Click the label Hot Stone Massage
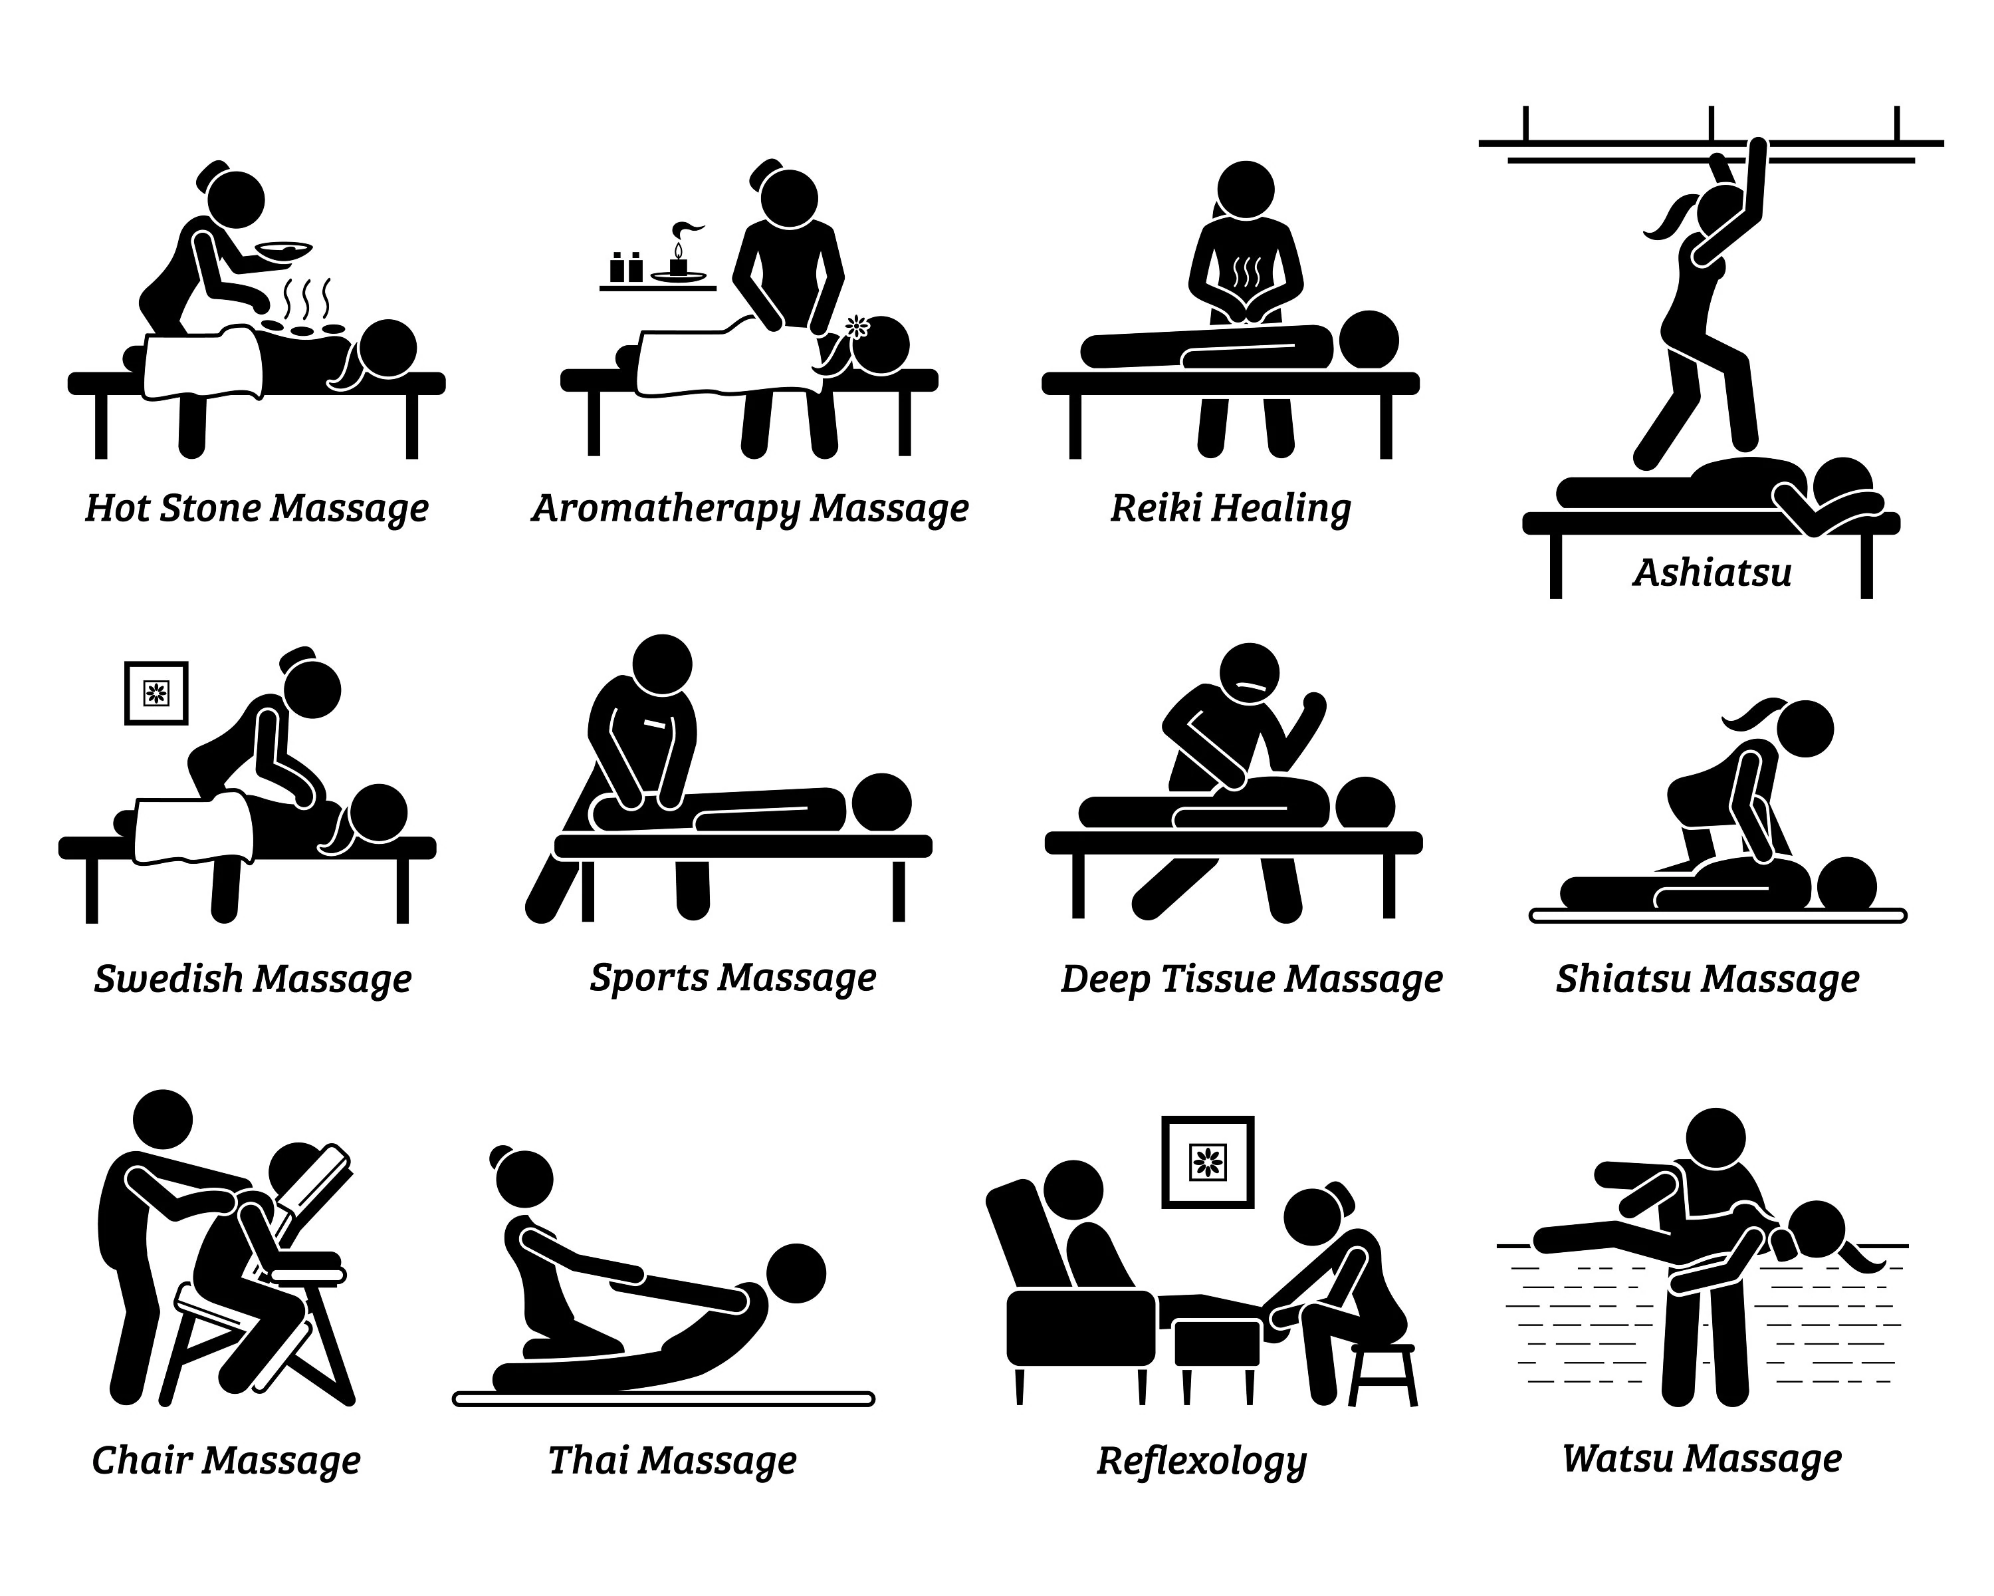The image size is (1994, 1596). pos(257,509)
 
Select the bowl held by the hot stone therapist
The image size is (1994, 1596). pos(284,250)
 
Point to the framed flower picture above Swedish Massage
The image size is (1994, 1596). pos(156,692)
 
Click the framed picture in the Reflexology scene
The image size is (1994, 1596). pos(1207,1162)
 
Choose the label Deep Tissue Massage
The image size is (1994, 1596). pos(1252,980)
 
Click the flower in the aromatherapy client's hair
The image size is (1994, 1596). pos(857,326)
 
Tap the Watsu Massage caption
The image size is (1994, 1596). pos(1702,1459)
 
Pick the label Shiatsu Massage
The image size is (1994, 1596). pos(1708,980)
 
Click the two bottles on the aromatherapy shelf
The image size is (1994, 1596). pos(626,267)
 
